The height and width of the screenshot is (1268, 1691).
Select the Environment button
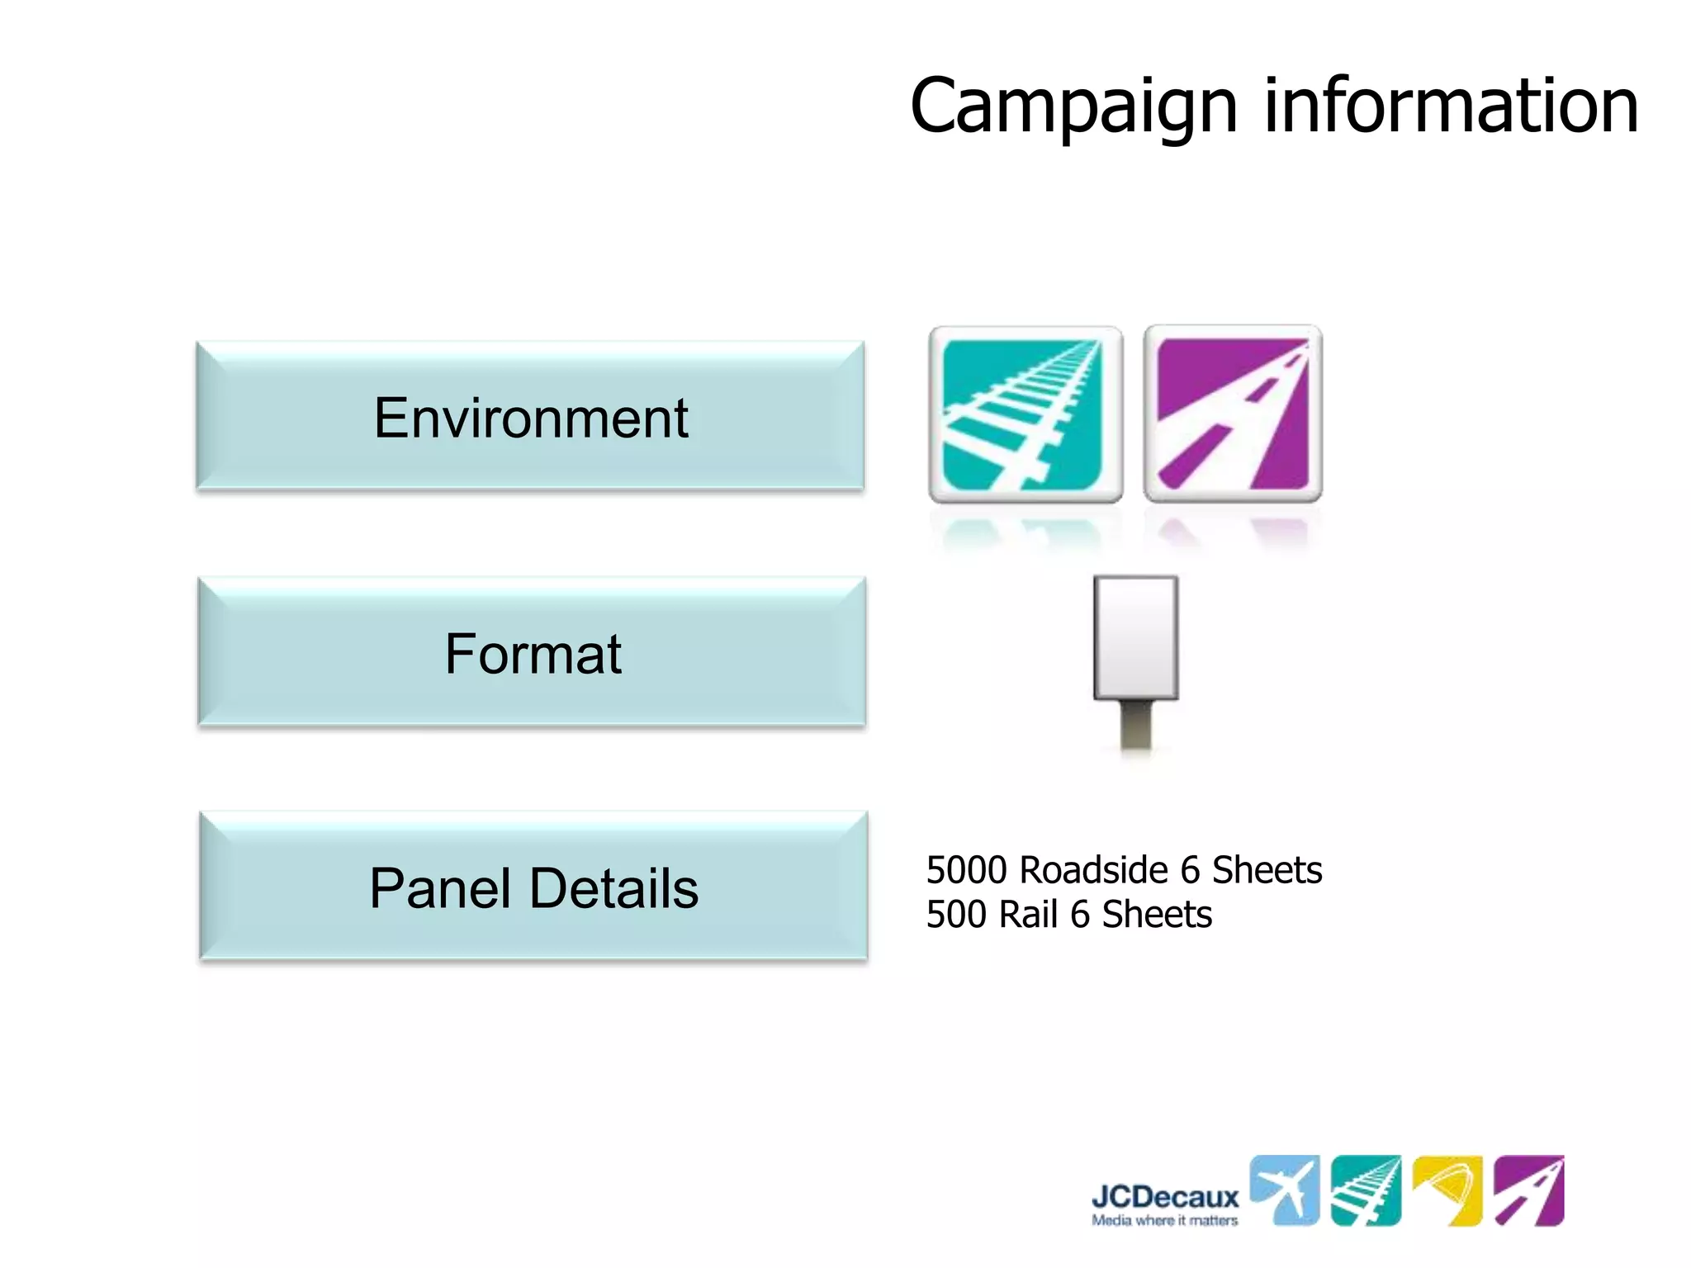pos(530,417)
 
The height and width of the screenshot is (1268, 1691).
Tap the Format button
pos(533,653)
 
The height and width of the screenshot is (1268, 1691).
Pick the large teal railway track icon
pos(1025,414)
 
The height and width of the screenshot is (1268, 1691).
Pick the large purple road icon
pos(1233,414)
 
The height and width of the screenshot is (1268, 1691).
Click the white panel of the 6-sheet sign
pos(1135,637)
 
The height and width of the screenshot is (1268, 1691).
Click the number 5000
pos(966,870)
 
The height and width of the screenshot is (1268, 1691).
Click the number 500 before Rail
pos(956,915)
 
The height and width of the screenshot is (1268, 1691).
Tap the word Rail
pos(1028,915)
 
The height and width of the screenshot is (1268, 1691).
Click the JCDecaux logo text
pos(1165,1197)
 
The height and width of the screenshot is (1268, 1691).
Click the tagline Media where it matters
pos(1165,1220)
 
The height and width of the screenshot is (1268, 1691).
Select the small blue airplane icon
pos(1284,1190)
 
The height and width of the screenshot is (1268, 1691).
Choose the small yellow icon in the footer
pos(1447,1190)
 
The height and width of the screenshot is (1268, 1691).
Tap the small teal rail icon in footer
pos(1366,1190)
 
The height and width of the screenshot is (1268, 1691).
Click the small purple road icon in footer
pos(1529,1190)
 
